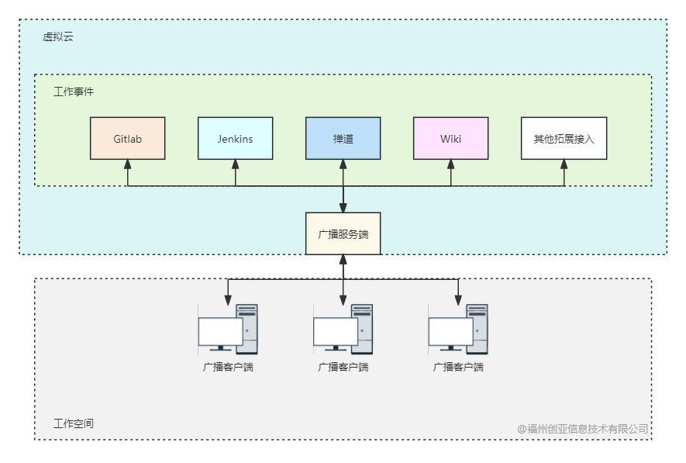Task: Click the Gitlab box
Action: (128, 138)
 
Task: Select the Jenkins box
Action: (235, 138)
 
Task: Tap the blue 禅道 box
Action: (343, 138)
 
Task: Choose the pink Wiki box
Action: (450, 138)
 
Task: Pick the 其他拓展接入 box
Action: (564, 138)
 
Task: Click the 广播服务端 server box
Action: (343, 233)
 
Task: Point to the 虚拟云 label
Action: (58, 36)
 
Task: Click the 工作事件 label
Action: (74, 92)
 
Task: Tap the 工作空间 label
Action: (74, 423)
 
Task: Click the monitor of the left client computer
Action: (220, 332)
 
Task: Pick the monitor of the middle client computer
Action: (335, 332)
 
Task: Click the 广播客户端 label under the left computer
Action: (228, 367)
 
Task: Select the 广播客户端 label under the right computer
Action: (458, 367)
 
